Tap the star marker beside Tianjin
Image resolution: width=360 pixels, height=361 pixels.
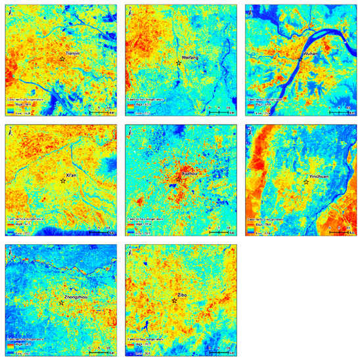(62, 59)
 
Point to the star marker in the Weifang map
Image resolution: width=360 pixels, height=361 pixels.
(179, 64)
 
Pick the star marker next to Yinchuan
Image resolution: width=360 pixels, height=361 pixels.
(306, 182)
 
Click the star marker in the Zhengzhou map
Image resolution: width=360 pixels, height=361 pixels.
(61, 303)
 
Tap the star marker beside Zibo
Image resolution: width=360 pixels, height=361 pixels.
(174, 301)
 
